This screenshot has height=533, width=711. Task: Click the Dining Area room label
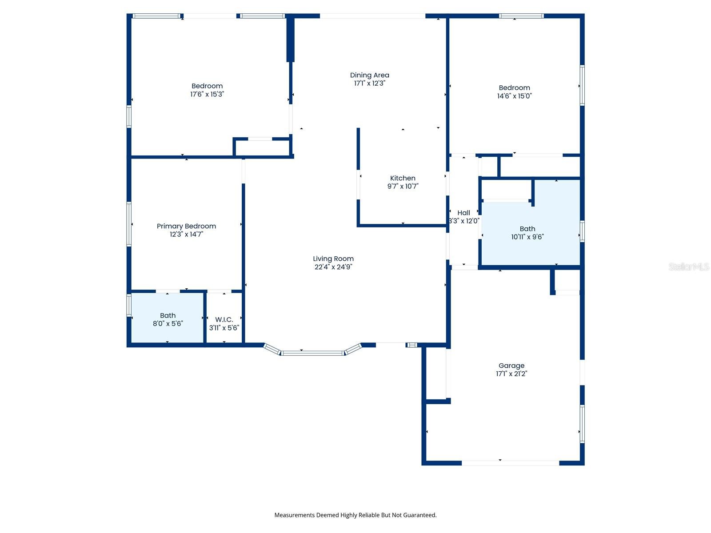click(x=369, y=76)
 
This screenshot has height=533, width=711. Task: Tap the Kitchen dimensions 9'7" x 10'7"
click(x=403, y=186)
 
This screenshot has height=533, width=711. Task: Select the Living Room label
click(x=333, y=259)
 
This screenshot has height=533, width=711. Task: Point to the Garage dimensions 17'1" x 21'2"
click(x=511, y=374)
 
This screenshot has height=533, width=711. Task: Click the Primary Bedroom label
click(x=186, y=226)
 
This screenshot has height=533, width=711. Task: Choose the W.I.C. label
click(x=224, y=320)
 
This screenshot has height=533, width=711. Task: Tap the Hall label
click(x=463, y=213)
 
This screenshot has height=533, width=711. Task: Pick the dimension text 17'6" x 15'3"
click(x=207, y=94)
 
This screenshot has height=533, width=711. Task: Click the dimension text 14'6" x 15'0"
click(x=515, y=96)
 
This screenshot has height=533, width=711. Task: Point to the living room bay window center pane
click(x=312, y=353)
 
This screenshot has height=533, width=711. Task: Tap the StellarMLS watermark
click(x=689, y=266)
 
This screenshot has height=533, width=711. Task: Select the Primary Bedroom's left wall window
click(x=129, y=224)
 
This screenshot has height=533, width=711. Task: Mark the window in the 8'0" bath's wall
click(x=129, y=305)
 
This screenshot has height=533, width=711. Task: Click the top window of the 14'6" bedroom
click(x=521, y=16)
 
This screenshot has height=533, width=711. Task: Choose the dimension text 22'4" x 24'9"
click(x=333, y=267)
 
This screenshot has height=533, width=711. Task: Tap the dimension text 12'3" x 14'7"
click(x=186, y=235)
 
